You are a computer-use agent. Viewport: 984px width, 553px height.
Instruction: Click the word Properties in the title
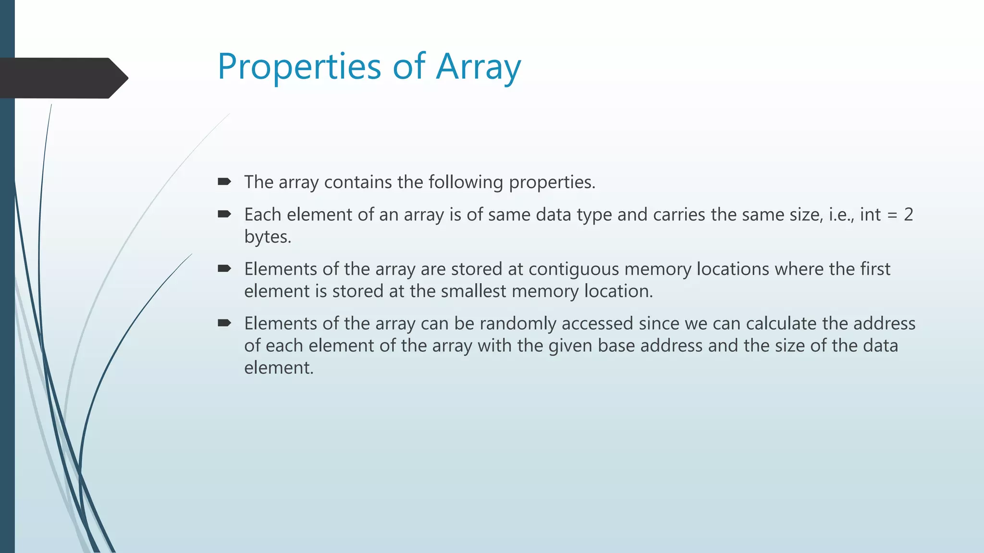299,67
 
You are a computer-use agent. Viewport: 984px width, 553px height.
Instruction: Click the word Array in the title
478,67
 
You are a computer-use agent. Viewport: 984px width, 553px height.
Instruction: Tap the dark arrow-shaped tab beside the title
62,78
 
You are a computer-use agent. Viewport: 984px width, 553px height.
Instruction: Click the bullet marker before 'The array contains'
224,181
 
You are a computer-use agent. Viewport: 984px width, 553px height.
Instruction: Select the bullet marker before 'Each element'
224,214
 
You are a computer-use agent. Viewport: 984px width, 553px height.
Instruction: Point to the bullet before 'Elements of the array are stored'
224,268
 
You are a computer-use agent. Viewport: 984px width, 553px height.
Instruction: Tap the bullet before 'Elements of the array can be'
224,323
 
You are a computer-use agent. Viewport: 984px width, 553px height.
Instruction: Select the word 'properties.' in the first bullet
552,182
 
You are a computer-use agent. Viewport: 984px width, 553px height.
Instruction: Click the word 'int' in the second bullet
870,215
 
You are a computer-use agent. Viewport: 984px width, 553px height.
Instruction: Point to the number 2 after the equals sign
908,215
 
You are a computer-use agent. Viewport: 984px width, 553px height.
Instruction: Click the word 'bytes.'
268,237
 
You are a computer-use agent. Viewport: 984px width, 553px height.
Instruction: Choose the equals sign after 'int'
892,215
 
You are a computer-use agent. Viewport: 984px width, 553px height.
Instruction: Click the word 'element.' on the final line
279,368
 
